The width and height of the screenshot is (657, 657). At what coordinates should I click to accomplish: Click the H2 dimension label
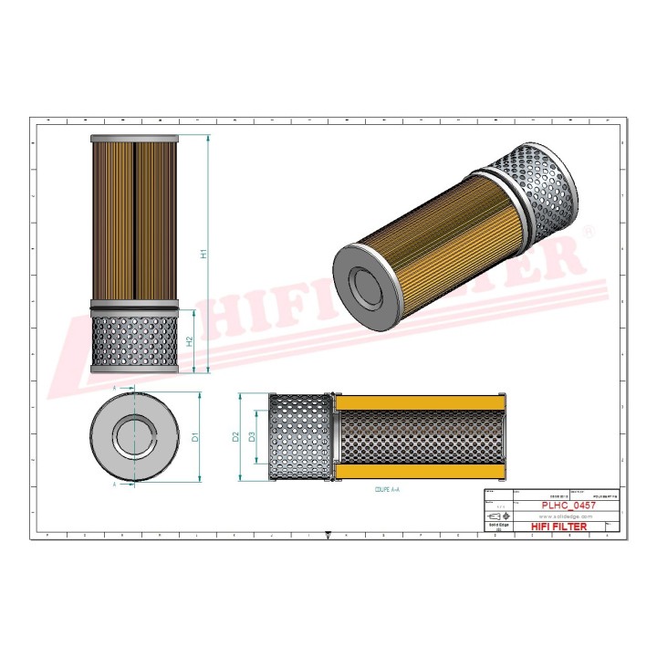[190, 340]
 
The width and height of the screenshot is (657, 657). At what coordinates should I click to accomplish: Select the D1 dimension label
[195, 437]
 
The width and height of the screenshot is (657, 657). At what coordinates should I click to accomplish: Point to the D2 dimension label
[235, 437]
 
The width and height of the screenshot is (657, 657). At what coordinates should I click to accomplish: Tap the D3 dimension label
[252, 437]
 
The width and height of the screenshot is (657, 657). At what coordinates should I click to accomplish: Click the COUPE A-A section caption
[388, 490]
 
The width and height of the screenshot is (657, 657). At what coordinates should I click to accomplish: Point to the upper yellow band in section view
[420, 402]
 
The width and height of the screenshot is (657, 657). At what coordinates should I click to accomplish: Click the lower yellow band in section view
[420, 472]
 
